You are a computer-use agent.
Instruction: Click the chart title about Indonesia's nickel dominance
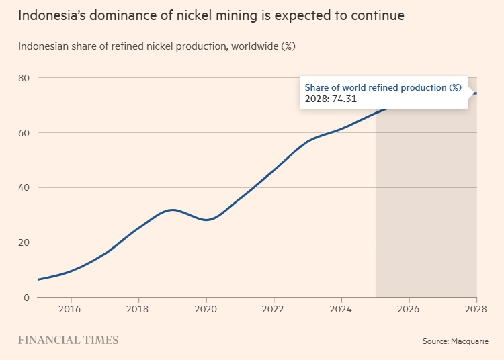[x=211, y=15]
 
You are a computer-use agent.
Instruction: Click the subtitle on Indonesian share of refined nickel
[x=157, y=46]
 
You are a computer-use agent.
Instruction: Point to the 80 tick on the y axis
[x=24, y=78]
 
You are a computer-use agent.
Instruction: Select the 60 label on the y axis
[x=24, y=133]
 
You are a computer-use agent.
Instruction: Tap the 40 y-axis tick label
[x=24, y=187]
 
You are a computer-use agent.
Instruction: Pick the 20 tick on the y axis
[x=24, y=242]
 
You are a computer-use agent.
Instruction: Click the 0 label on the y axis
[x=27, y=298]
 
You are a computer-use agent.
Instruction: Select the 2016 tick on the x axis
[x=71, y=310]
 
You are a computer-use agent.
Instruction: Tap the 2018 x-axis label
[x=138, y=310]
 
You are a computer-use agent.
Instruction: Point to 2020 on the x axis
[x=206, y=310]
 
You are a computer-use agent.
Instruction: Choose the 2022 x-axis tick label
[x=274, y=310]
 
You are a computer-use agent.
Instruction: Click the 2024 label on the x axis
[x=341, y=310]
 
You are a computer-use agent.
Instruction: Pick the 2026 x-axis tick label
[x=409, y=310]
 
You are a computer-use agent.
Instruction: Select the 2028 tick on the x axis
[x=475, y=310]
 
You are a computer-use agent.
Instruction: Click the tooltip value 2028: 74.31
[x=331, y=99]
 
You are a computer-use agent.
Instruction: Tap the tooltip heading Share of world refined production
[x=383, y=87]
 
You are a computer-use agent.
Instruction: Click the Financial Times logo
[x=68, y=340]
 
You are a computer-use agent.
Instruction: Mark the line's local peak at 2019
[x=173, y=210]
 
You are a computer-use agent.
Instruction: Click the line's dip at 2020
[x=206, y=220]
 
